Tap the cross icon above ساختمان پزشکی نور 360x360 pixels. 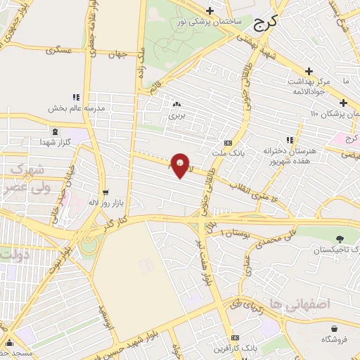210,11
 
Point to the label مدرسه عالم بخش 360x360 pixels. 77,109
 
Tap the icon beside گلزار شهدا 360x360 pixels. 55,131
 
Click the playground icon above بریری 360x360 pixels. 176,104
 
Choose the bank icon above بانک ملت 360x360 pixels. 227,142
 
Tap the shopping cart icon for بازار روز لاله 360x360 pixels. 105,191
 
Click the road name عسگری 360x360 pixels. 59,51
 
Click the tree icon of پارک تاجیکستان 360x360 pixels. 339,239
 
